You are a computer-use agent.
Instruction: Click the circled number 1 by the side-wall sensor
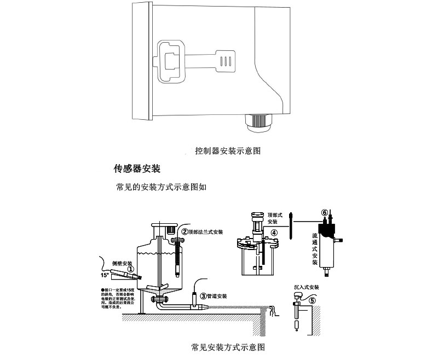131,268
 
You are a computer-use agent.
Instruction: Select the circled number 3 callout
204,296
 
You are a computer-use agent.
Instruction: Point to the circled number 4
274,232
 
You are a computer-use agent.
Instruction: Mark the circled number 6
324,213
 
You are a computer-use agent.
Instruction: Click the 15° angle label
99,275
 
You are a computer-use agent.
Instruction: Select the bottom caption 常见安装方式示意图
228,347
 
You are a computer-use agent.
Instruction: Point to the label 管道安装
217,296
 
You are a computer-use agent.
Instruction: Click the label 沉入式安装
307,287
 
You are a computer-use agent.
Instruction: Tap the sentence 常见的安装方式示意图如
161,187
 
